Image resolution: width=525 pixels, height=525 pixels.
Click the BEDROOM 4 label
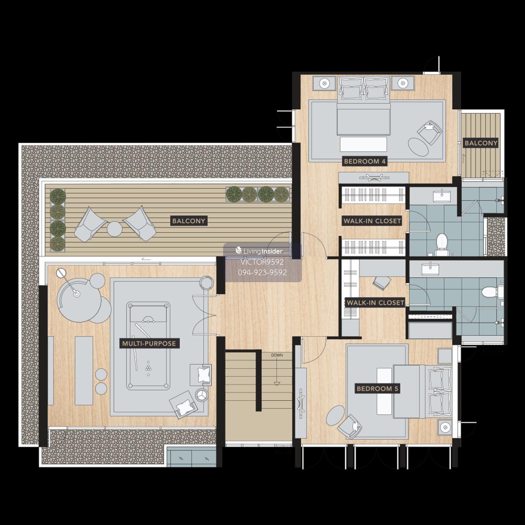click(365, 161)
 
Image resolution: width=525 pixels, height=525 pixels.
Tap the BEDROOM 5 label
click(378, 388)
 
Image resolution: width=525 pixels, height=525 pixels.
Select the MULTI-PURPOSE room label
click(149, 343)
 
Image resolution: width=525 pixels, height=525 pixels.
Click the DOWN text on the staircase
click(277, 355)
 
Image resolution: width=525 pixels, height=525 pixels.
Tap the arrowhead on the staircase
click(277, 384)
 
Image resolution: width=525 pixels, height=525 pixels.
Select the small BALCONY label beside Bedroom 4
click(481, 143)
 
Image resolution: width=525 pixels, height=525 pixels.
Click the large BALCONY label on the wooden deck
click(189, 220)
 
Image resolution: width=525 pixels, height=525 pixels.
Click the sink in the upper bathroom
click(441, 196)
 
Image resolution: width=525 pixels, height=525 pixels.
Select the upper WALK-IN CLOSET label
click(372, 220)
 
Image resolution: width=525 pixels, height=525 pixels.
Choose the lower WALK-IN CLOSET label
click(375, 302)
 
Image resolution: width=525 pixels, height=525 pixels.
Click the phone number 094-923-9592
click(262, 273)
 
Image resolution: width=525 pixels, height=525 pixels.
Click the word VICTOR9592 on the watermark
click(262, 262)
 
